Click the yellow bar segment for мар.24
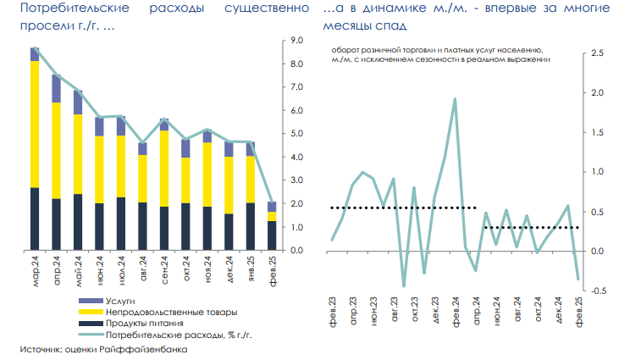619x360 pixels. [x=35, y=124]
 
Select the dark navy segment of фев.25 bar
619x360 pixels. [x=272, y=235]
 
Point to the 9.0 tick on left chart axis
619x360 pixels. [x=296, y=41]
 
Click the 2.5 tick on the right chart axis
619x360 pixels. [x=599, y=53]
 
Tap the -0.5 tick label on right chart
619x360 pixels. [x=598, y=291]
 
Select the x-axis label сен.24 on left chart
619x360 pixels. [x=164, y=274]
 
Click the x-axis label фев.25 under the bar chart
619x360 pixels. [x=273, y=274]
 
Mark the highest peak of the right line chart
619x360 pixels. [x=455, y=99]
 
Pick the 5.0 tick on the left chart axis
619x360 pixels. [x=296, y=134]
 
